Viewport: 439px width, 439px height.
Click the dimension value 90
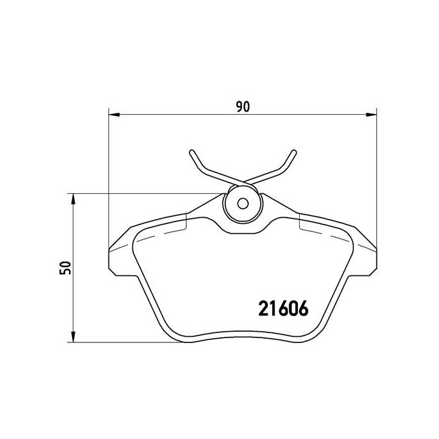click(x=243, y=107)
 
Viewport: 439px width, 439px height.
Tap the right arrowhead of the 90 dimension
click(x=371, y=114)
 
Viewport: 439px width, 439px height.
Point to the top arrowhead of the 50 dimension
click(x=74, y=199)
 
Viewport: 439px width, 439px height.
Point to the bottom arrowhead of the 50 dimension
click(x=74, y=338)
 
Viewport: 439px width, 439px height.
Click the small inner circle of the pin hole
click(x=243, y=203)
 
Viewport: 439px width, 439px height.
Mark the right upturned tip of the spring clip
click(x=294, y=152)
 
